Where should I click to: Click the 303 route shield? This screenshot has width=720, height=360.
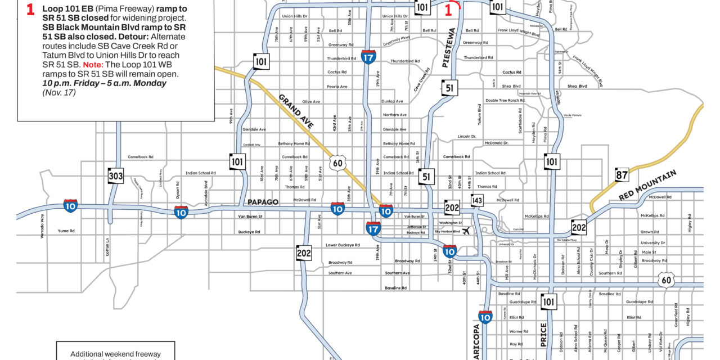[x=116, y=176]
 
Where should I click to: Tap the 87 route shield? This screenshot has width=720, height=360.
[x=622, y=174]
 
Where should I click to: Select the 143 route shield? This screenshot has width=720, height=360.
[x=477, y=200]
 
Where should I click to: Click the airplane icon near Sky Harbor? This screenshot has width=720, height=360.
[x=466, y=232]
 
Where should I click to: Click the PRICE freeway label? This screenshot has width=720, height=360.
[x=543, y=334]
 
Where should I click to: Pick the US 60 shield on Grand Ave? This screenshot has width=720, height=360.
[x=337, y=163]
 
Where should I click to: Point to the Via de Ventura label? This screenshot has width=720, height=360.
[x=571, y=115]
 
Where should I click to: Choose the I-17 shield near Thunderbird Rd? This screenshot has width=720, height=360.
[x=368, y=57]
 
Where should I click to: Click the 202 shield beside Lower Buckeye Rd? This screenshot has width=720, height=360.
[x=304, y=253]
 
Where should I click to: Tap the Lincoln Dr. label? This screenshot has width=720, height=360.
[x=467, y=136]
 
